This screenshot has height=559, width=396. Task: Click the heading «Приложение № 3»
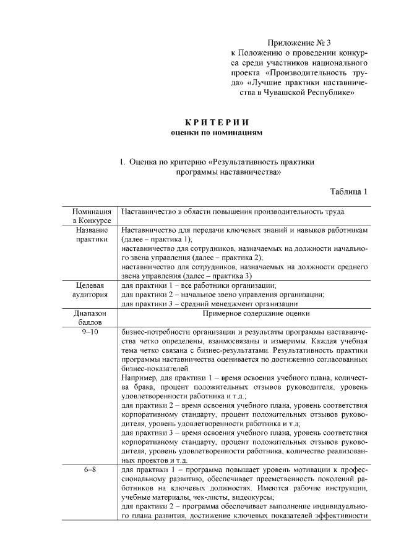[299, 43]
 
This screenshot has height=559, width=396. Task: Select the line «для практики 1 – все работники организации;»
[199, 285]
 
